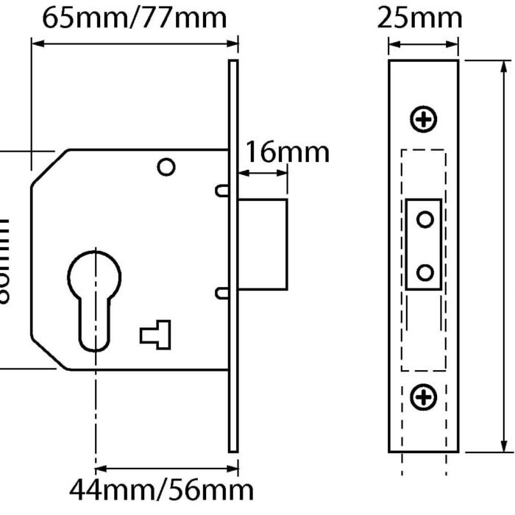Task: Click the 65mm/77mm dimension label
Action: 134,18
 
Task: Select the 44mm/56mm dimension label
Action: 162,489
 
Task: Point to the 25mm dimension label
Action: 420,18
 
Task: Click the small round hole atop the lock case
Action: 167,168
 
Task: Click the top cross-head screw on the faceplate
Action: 424,118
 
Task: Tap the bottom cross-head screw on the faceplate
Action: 424,397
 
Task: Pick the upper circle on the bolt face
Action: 425,219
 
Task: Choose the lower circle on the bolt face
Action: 425,272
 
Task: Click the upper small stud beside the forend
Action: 221,191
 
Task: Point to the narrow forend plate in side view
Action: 233,257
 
